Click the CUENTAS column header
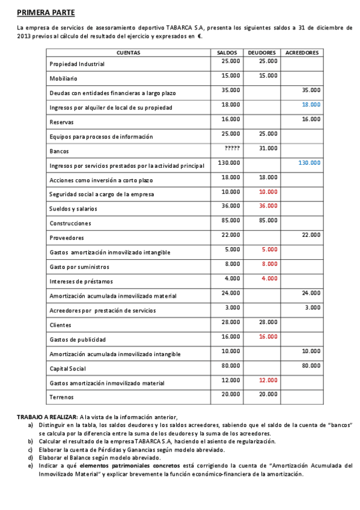pos(128,52)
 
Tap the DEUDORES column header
pos(263,52)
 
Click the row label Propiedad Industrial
pos(77,64)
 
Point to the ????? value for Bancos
pos(232,148)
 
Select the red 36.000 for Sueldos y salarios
pos(268,206)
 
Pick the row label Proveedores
pos(67,238)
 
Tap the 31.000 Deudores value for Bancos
pos(268,148)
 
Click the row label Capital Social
pos(68,369)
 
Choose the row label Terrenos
pos(63,398)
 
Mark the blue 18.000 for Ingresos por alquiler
pos(311,105)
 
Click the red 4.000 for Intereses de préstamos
pos(270,278)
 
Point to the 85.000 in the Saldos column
pos(231,220)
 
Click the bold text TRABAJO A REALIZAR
pos(47,417)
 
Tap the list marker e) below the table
pos(31,465)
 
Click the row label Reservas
pos(62,122)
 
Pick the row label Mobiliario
pos(64,79)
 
